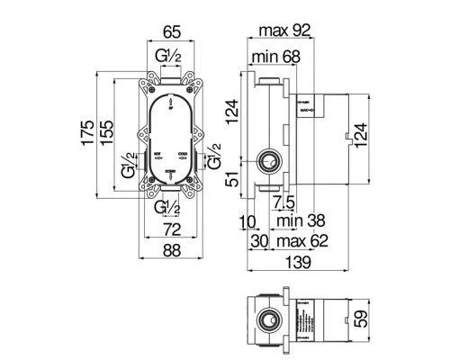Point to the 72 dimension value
coord(169,229)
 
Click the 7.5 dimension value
coord(283,201)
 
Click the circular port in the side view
coord(267,162)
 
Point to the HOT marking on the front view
coord(158,154)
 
